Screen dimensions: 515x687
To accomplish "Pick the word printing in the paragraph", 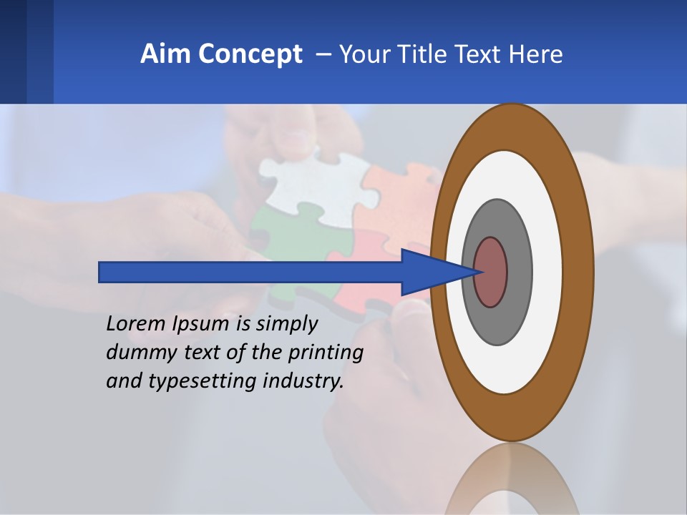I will click(x=326, y=353).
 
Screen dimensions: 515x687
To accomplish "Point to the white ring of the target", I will click(x=547, y=272).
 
